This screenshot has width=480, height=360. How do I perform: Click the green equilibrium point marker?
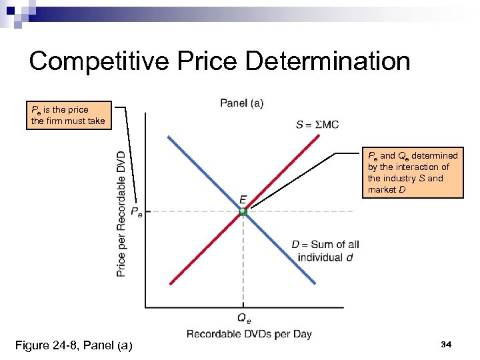click(243, 212)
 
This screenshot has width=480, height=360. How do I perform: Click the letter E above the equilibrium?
click(243, 199)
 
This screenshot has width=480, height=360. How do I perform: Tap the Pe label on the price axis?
click(135, 212)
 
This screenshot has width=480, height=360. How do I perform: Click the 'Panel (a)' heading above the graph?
click(241, 103)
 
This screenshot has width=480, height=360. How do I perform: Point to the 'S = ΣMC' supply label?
click(317, 124)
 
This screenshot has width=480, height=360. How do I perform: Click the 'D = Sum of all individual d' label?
click(325, 251)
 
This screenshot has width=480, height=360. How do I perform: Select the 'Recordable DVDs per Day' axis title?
click(249, 334)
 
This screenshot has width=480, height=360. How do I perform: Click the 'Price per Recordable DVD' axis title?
click(121, 213)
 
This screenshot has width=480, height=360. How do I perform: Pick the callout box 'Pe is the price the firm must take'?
click(67, 115)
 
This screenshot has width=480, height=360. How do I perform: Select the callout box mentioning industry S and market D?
click(413, 173)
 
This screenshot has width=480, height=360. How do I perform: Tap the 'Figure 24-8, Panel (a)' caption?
click(73, 345)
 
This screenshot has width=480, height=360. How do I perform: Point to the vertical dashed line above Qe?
click(243, 267)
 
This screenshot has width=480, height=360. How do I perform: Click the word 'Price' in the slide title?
click(201, 61)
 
